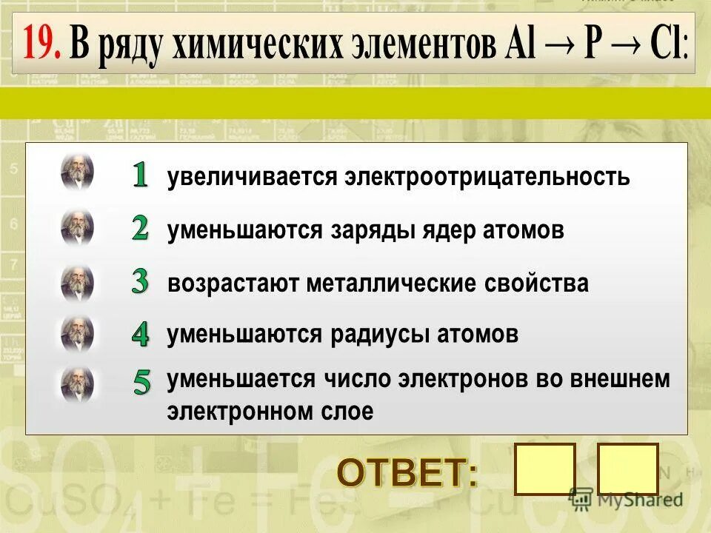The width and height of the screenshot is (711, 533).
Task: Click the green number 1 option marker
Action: pyautogui.click(x=141, y=175)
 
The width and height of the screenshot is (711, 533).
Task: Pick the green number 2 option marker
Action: pyautogui.click(x=141, y=229)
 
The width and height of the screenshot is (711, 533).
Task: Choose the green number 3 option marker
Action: pyautogui.click(x=141, y=281)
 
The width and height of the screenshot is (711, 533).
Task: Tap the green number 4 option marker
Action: pyautogui.click(x=141, y=334)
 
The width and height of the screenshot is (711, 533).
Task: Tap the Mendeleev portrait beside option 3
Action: pyautogui.click(x=77, y=282)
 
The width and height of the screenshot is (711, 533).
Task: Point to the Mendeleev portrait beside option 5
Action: pyautogui.click(x=77, y=384)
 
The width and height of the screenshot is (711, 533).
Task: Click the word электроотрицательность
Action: pyautogui.click(x=486, y=178)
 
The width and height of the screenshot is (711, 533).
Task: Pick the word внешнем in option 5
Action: pyautogui.click(x=620, y=380)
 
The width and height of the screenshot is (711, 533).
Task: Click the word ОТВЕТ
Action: pyautogui.click(x=408, y=472)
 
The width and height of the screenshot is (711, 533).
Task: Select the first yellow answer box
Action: pyautogui.click(x=544, y=469)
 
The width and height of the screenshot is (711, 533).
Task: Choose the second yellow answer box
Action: pyautogui.click(x=627, y=469)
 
